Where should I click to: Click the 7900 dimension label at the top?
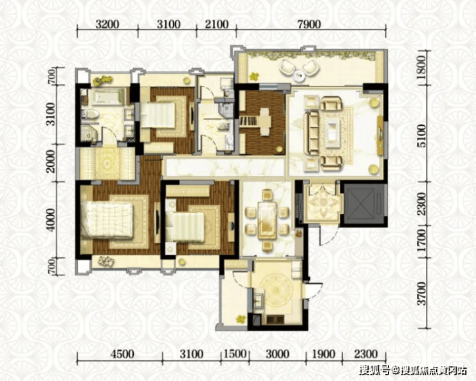coord(309,24)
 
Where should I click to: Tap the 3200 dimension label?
coord(107,24)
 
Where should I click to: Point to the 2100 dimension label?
coord(216,24)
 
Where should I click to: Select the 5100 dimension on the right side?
coord(421,136)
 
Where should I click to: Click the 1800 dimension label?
coord(421,68)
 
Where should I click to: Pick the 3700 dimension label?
coord(421,293)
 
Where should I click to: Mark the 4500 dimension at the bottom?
coord(122,354)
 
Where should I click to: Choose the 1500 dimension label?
coord(235,354)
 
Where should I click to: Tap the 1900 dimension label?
coord(324,354)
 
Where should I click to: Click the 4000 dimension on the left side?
coord(51,220)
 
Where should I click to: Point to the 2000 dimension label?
coord(51,162)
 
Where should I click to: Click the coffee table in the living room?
coord(333,133)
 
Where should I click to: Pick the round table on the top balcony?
coord(299,74)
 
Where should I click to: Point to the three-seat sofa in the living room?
coord(311,133)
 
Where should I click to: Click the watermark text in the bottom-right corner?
coord(413,370)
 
